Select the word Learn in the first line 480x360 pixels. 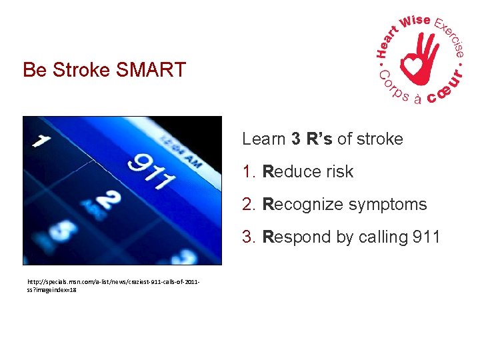264,139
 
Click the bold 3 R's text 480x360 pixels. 312,139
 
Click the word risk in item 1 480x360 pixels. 340,171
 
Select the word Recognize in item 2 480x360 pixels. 304,204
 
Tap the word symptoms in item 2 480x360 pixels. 388,204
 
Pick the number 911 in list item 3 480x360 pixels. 425,237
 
